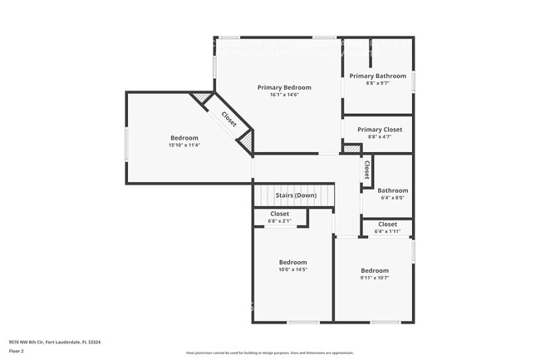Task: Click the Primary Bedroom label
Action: pyautogui.click(x=284, y=87)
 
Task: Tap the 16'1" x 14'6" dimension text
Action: pyautogui.click(x=284, y=95)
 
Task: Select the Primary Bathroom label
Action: pyautogui.click(x=377, y=76)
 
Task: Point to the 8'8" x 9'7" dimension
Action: pyautogui.click(x=377, y=83)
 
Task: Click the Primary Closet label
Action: pyautogui.click(x=380, y=130)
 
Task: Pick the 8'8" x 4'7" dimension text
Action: pyautogui.click(x=380, y=136)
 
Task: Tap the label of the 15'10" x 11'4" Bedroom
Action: pyautogui.click(x=184, y=137)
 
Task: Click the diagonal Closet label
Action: pyautogui.click(x=228, y=119)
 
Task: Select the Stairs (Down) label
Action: pyautogui.click(x=296, y=195)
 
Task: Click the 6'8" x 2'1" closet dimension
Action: pyautogui.click(x=279, y=221)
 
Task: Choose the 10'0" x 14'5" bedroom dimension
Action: pyautogui.click(x=292, y=269)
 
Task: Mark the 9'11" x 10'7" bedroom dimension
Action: pyautogui.click(x=375, y=278)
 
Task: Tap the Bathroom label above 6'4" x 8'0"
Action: pyautogui.click(x=393, y=190)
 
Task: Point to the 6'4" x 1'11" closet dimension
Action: pyautogui.click(x=387, y=231)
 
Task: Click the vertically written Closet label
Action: pyautogui.click(x=366, y=170)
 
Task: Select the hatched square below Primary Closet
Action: pyautogui.click(x=352, y=149)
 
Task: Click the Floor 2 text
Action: pyautogui.click(x=17, y=351)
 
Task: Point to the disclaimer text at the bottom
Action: pyautogui.click(x=270, y=353)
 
